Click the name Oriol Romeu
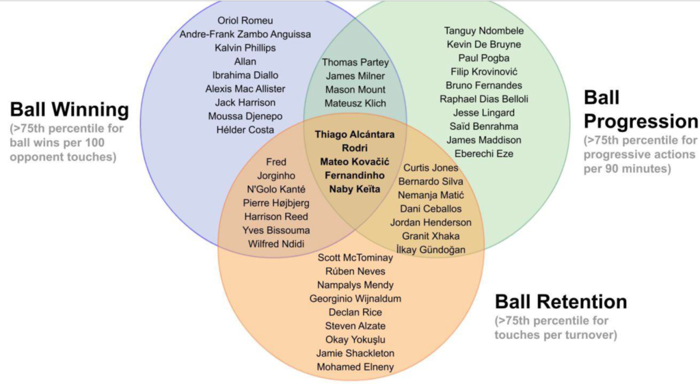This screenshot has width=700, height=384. coord(245,20)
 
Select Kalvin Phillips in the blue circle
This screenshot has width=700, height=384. coord(245,48)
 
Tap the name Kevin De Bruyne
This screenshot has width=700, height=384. coord(484,44)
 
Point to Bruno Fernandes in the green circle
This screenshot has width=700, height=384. coord(484,85)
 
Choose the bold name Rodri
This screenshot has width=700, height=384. coord(355,148)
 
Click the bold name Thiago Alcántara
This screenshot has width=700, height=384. coord(355,134)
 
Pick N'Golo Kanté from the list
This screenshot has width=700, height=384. coord(276,189)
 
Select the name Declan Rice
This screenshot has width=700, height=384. coord(355,312)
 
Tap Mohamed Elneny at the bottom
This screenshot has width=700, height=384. coord(355,367)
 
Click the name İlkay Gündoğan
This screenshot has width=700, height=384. coord(431,250)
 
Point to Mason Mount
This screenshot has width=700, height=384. coord(355,90)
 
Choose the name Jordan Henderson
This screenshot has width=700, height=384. coord(431,222)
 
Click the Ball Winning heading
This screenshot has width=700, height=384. coord(69,110)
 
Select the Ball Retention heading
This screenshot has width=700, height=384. coord(561,301)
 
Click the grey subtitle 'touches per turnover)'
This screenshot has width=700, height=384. coord(556,335)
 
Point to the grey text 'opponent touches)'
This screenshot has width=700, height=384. coord(63,157)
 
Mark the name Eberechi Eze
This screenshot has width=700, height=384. coord(484,154)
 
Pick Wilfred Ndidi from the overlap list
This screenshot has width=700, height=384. coord(276,244)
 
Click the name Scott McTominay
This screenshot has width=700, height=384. coord(355,258)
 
